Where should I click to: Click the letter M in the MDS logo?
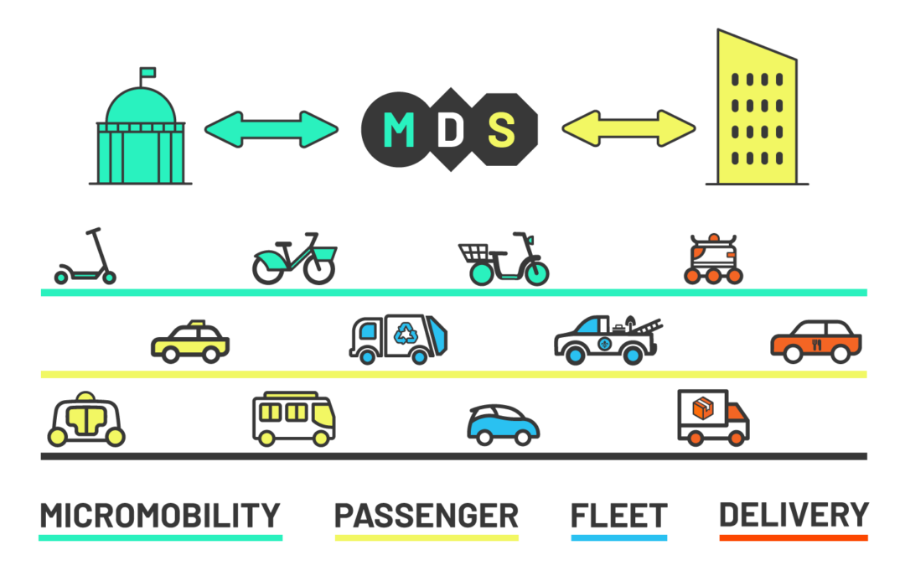399,129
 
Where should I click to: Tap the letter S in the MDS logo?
501,129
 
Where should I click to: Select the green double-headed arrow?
271,129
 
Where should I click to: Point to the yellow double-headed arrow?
628,128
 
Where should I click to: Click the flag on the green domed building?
147,72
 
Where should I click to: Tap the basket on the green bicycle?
325,253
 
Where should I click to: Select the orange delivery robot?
713,259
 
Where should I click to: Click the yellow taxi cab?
190,341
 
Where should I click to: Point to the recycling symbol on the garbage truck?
406,333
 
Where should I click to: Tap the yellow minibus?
294,418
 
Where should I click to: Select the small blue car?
503,424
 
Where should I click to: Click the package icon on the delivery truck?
702,408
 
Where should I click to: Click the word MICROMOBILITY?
160,515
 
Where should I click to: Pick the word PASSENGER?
427,515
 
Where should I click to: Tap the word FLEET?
618,515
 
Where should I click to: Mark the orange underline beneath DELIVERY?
794,537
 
